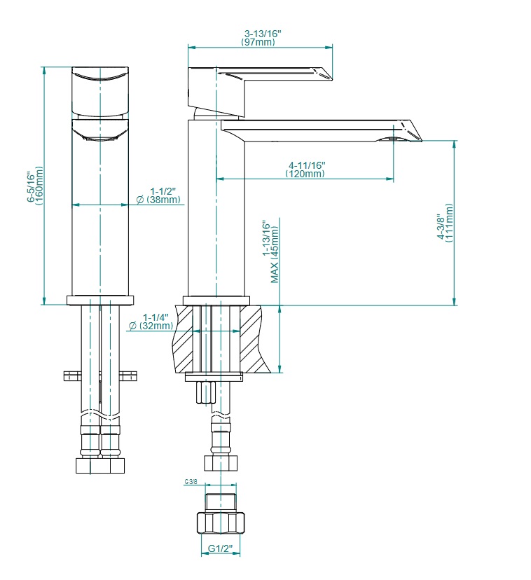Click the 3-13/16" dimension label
click(x=263, y=34)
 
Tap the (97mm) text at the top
click(x=258, y=42)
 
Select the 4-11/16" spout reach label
click(x=307, y=165)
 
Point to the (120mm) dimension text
click(x=305, y=174)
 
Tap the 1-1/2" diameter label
click(x=163, y=191)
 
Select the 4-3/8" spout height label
click(x=441, y=226)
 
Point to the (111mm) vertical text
click(x=449, y=223)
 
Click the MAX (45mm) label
click(x=274, y=255)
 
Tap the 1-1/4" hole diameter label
click(x=156, y=317)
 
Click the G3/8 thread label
click(x=191, y=482)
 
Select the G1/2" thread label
click(x=221, y=548)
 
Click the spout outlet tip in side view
click(x=420, y=140)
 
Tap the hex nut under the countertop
click(x=206, y=393)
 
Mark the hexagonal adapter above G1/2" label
click(x=221, y=523)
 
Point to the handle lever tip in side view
click(x=331, y=78)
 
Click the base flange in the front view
click(x=100, y=301)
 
